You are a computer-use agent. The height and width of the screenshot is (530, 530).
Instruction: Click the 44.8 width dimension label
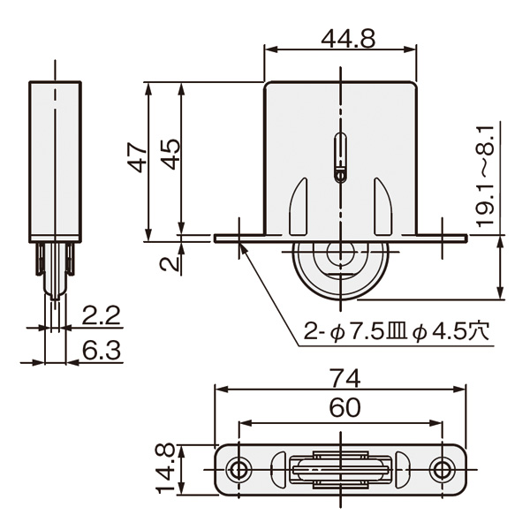(x=348, y=39)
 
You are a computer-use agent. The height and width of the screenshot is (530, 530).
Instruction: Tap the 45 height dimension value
(x=170, y=154)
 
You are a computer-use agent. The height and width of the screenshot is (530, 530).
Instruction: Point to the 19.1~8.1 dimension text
(x=484, y=176)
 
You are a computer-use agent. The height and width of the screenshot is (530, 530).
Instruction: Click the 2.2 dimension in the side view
(x=101, y=315)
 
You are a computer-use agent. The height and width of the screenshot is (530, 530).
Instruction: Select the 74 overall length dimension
(x=344, y=378)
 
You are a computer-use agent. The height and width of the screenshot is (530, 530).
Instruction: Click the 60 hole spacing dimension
(x=344, y=407)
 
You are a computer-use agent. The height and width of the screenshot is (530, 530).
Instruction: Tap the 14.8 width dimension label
(x=165, y=469)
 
